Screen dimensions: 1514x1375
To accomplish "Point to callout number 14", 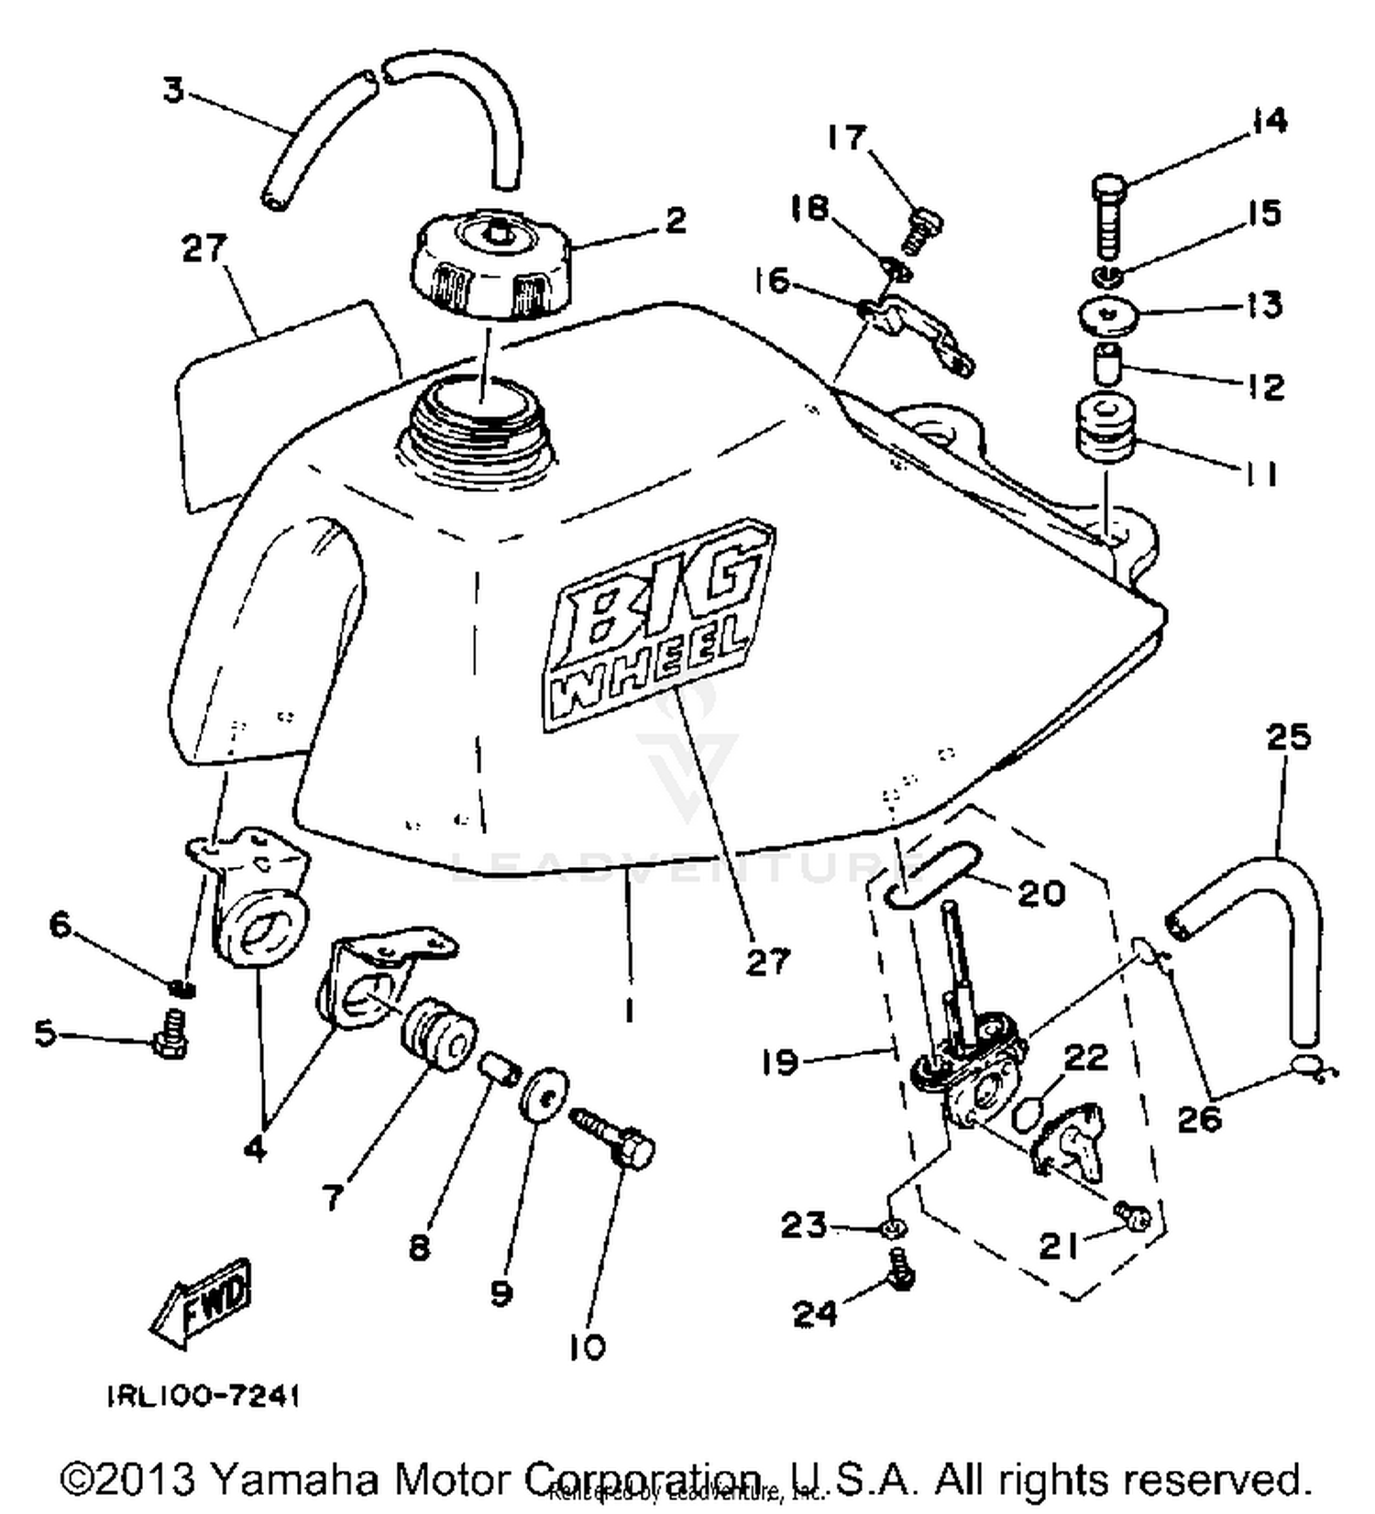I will (1269, 122).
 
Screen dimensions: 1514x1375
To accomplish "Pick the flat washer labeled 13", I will (1110, 313).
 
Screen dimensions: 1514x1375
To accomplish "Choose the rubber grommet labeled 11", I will (1105, 431).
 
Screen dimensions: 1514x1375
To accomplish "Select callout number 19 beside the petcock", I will (780, 1063).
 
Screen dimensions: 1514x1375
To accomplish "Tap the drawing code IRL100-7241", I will (203, 1396).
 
